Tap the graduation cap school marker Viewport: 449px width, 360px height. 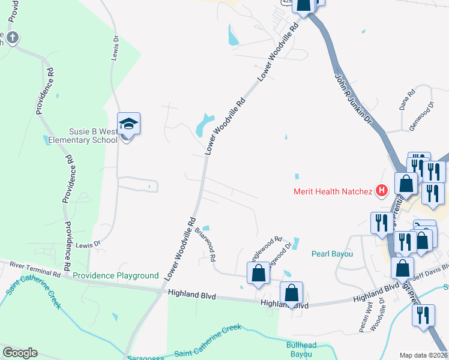pyautogui.click(x=128, y=124)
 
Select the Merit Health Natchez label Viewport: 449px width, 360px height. pyautogui.click(x=333, y=192)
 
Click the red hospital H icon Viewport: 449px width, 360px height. pyautogui.click(x=381, y=191)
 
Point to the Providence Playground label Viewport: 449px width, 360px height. pyautogui.click(x=116, y=276)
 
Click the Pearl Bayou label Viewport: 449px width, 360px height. pyautogui.click(x=332, y=254)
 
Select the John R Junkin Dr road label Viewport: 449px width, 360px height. pyautogui.click(x=354, y=99)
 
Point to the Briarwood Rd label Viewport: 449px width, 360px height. pyautogui.click(x=208, y=246)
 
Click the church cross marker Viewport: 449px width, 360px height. pyautogui.click(x=12, y=39)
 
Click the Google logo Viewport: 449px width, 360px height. pyautogui.click(x=20, y=353)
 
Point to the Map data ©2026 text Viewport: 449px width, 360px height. pyautogui.click(x=423, y=355)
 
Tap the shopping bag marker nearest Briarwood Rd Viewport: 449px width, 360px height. pyautogui.click(x=258, y=273)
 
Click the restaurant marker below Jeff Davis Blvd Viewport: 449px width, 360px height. pyautogui.click(x=424, y=314)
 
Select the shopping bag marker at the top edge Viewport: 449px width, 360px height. pyautogui.click(x=304, y=5)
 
